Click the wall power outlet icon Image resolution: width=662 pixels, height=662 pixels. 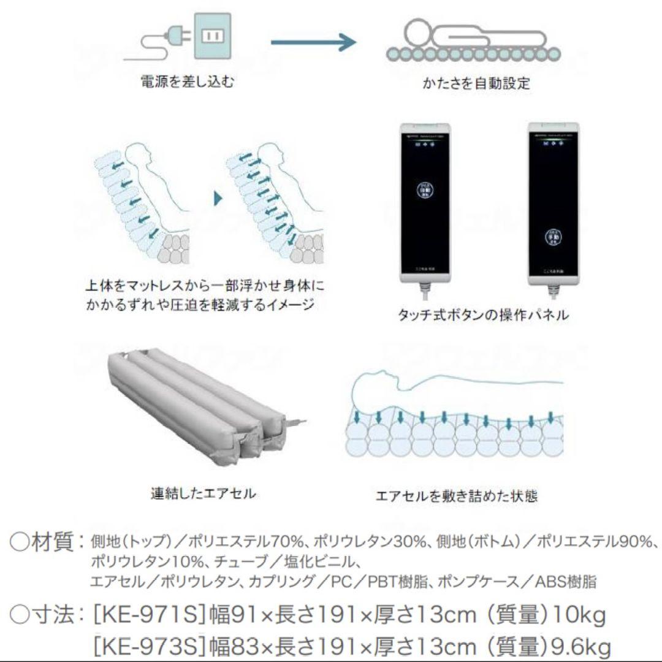(x=211, y=38)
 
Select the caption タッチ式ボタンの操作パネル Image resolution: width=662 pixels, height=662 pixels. (x=483, y=316)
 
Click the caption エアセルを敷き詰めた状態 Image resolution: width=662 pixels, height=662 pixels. (x=457, y=495)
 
